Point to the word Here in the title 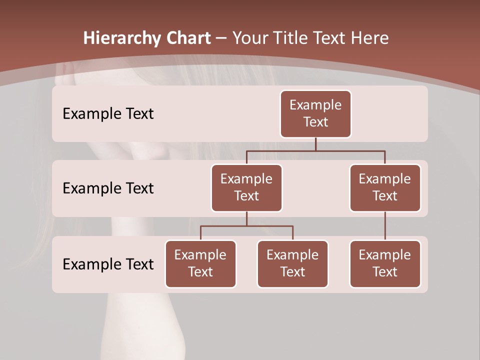370,38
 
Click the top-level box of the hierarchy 315,114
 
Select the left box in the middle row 246,188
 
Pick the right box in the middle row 385,188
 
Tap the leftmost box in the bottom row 200,264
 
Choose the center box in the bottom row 292,264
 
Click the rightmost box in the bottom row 385,264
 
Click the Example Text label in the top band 108,114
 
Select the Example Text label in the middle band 108,188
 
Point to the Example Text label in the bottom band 108,264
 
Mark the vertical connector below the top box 315,144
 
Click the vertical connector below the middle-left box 246,219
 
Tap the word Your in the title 248,38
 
